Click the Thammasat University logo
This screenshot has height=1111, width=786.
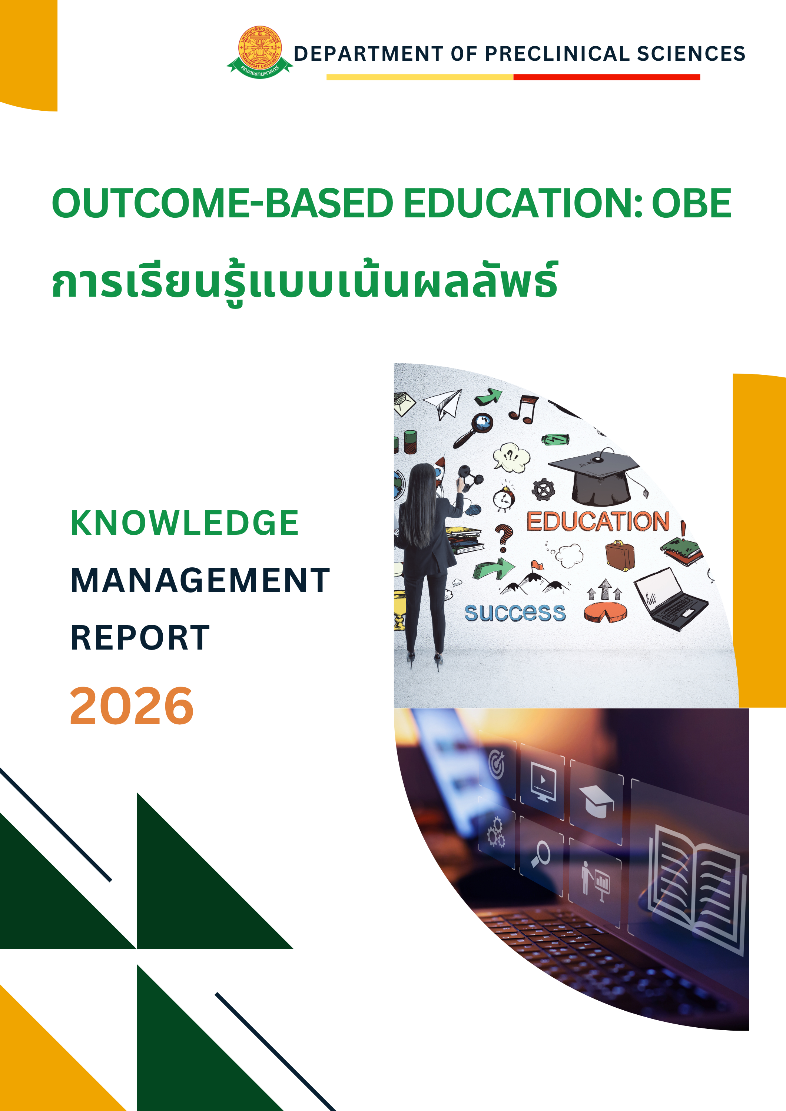tap(259, 52)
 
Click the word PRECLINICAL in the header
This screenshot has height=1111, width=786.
tap(557, 54)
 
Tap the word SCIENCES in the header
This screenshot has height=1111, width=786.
tap(691, 54)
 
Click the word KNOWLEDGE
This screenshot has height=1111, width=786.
tap(185, 523)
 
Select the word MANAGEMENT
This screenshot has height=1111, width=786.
tap(200, 580)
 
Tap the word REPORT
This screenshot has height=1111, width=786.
tap(140, 638)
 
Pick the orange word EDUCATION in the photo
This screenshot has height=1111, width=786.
tap(598, 522)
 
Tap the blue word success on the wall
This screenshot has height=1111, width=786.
tap(515, 613)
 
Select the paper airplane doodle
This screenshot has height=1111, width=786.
tap(443, 403)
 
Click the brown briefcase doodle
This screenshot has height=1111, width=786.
tap(620, 555)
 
